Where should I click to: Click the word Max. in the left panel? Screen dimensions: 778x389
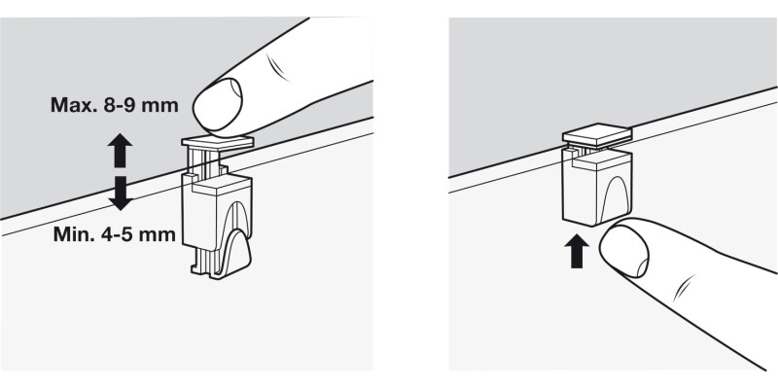coord(73,105)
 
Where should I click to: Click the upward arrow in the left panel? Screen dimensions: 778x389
coord(120,151)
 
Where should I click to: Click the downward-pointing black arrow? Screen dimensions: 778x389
coord(120,193)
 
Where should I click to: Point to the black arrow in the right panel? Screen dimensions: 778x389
coord(577,251)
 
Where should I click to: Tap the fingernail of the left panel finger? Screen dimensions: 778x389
coord(218,104)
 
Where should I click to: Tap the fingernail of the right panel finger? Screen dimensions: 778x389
coord(624,251)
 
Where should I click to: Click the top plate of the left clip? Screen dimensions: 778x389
coord(218,142)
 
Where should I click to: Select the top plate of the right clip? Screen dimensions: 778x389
coord(597,134)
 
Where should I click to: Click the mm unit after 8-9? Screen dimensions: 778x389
coord(161,105)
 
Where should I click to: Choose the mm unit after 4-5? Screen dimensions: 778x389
coord(159,234)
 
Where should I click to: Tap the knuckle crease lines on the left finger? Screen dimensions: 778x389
coord(278,66)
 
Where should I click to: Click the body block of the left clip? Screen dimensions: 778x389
coord(217,211)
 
